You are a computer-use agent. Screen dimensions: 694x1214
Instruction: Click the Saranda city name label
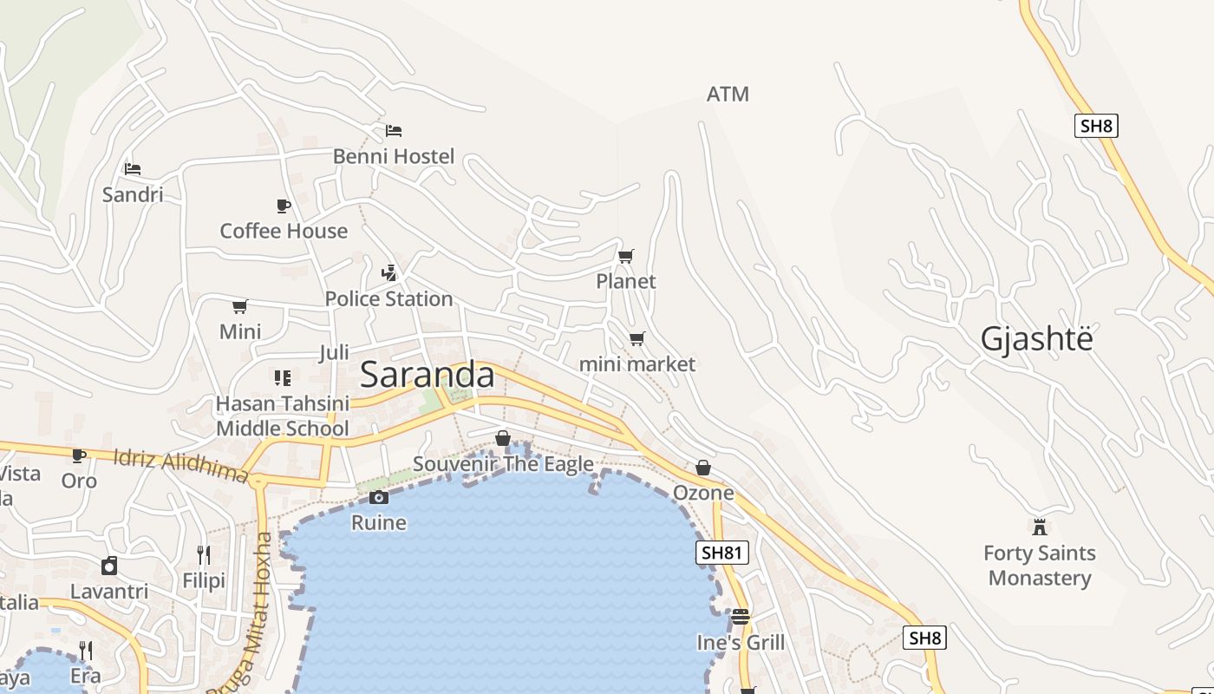click(x=427, y=375)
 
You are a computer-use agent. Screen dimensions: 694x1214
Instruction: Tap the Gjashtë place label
click(x=1036, y=338)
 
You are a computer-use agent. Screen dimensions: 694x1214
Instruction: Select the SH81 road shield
click(x=721, y=553)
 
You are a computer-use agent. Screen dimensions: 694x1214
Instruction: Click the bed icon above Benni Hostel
click(x=394, y=131)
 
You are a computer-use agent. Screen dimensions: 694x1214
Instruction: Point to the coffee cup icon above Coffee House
click(x=283, y=206)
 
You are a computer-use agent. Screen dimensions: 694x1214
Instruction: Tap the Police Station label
click(x=388, y=298)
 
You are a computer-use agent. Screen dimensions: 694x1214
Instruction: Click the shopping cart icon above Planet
click(x=625, y=256)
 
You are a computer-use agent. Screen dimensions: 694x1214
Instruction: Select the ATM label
click(x=728, y=94)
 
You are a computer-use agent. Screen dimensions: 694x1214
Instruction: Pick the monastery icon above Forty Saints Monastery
click(x=1039, y=527)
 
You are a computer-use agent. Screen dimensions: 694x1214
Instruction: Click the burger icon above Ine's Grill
click(x=740, y=617)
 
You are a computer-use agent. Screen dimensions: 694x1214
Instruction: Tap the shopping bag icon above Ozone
click(x=703, y=468)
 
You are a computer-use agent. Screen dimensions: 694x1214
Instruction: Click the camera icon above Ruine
click(x=378, y=497)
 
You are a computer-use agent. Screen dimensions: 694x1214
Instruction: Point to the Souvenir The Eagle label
click(x=503, y=463)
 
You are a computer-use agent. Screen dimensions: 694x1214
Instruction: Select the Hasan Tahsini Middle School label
click(x=283, y=416)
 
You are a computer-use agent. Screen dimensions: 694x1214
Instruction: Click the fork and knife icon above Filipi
click(x=203, y=554)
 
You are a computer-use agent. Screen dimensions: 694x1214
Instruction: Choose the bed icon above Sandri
click(x=132, y=168)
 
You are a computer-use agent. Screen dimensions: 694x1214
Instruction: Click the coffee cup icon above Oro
click(x=78, y=455)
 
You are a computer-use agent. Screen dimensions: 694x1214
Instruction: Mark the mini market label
click(x=636, y=363)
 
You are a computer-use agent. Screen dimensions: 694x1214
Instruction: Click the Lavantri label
click(x=109, y=592)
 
